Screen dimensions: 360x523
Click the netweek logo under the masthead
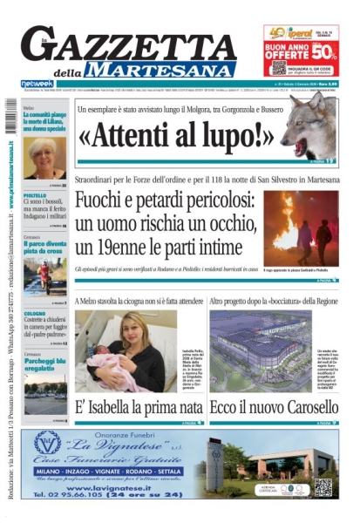[37, 84]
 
